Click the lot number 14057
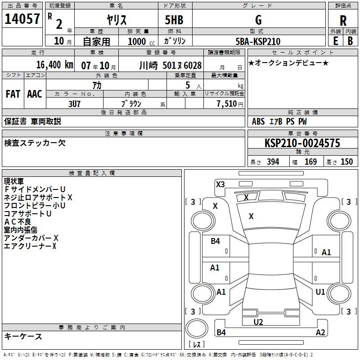pos(22,19)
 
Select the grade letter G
pos(258,20)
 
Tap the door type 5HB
pos(174,20)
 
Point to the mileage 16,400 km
pos(54,65)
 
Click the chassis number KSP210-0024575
pos(302,143)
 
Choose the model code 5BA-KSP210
pos(258,41)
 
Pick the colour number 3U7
pos(74,104)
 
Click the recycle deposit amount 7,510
pos(227,104)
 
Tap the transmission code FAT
pos(13,94)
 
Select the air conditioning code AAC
pos(35,94)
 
